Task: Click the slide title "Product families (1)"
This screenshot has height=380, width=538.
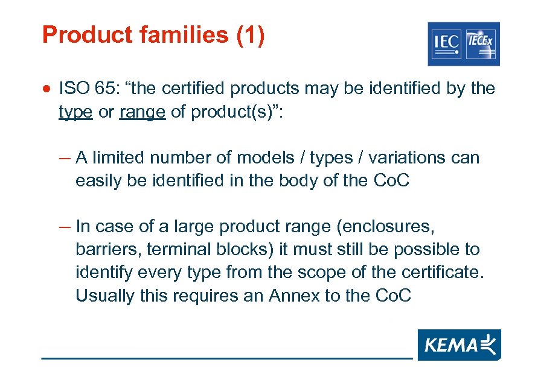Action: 153,35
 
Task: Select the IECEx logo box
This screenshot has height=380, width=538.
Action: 481,43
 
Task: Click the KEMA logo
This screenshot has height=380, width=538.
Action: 459,345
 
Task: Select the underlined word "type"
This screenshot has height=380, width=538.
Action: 75,112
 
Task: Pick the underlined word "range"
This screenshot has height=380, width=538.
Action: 143,112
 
